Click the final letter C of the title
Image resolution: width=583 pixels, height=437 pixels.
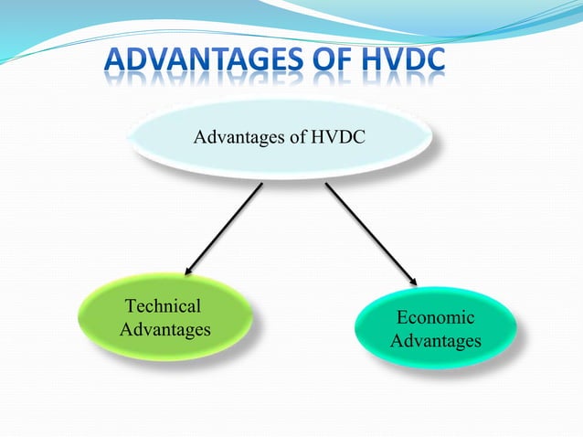pyautogui.click(x=435, y=61)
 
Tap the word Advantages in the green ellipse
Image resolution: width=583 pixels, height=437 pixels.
pyautogui.click(x=165, y=328)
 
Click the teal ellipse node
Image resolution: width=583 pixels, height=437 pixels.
pyautogui.click(x=435, y=329)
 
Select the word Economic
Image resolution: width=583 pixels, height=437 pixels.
pyautogui.click(x=435, y=318)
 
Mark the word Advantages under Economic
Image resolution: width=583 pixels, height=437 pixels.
pyautogui.click(x=435, y=341)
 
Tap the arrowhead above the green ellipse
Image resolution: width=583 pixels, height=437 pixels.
pyautogui.click(x=189, y=269)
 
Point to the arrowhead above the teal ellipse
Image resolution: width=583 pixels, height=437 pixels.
pyautogui.click(x=412, y=280)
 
